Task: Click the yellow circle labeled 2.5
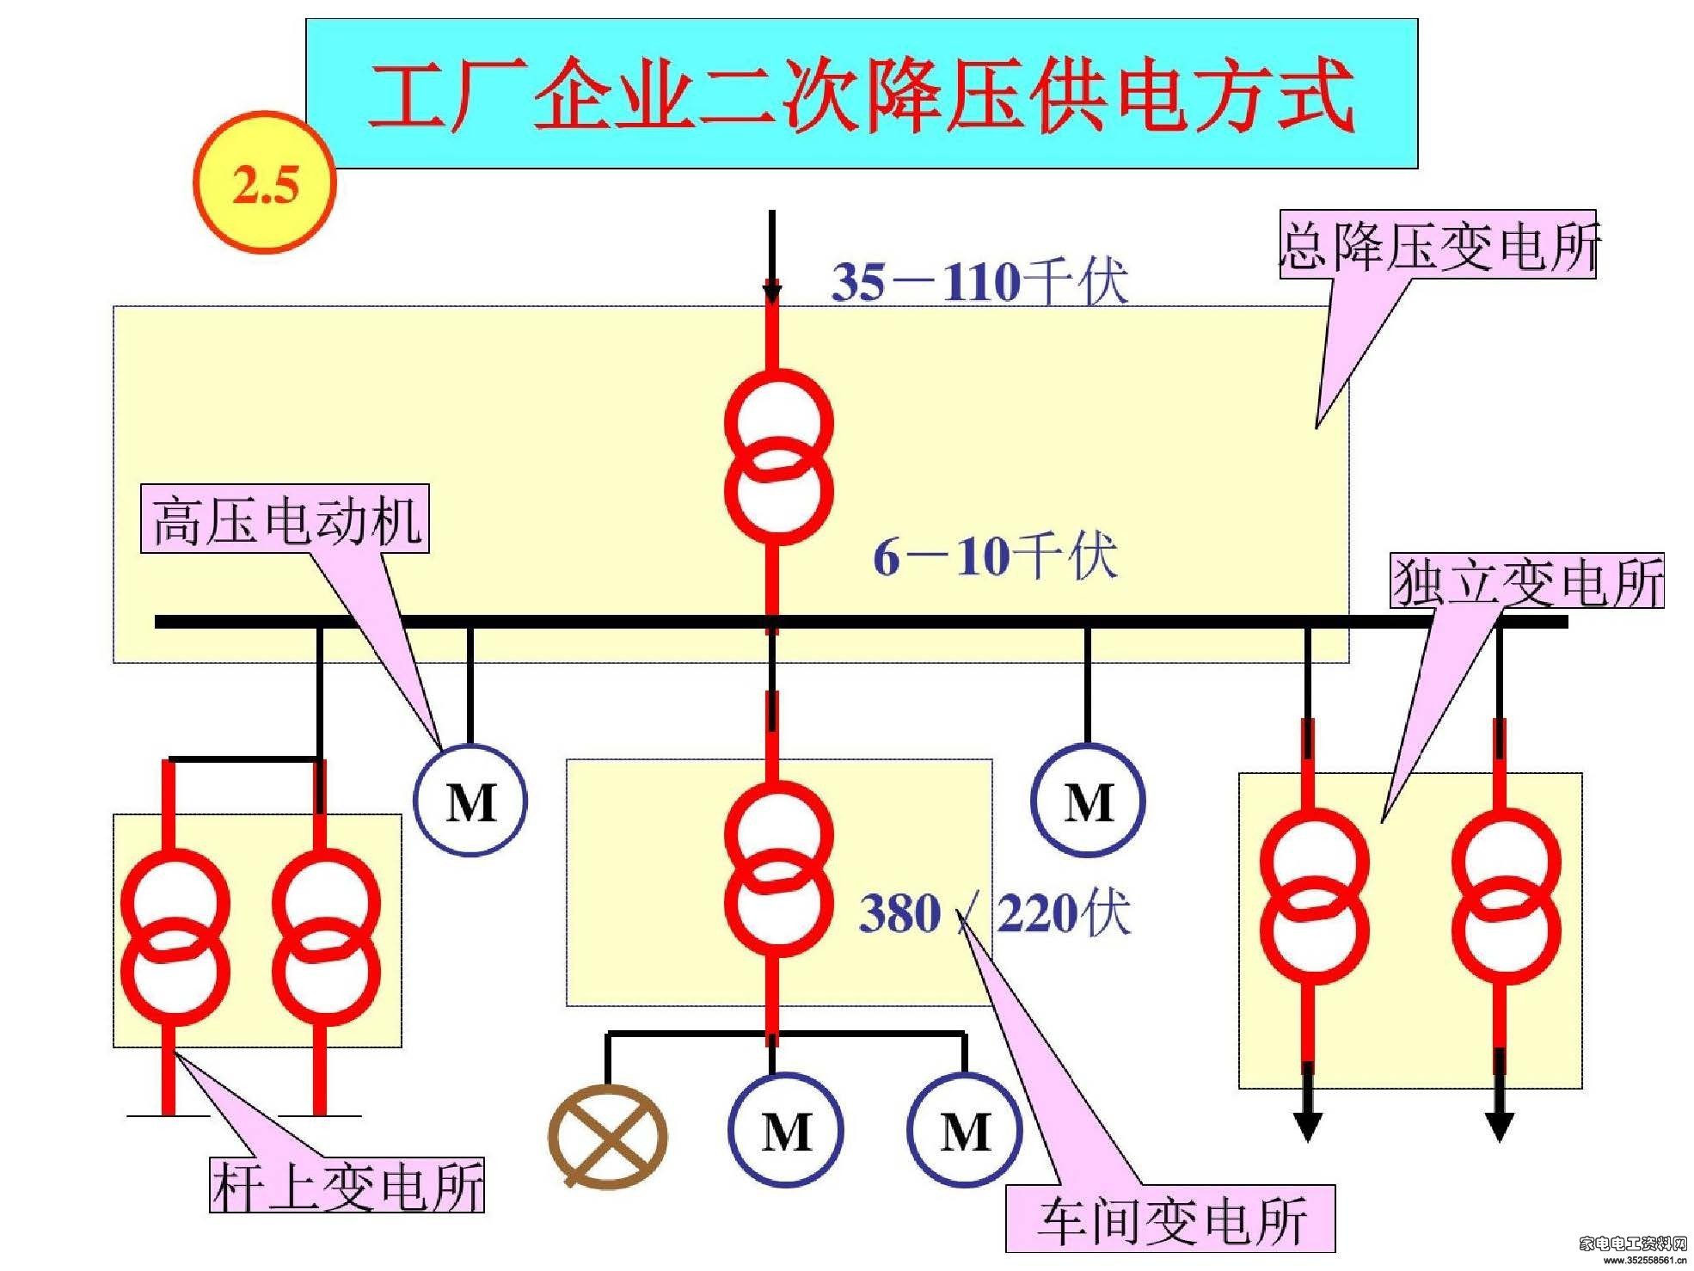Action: pyautogui.click(x=265, y=182)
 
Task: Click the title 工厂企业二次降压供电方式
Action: pyautogui.click(x=862, y=95)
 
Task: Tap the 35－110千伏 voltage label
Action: pyautogui.click(x=979, y=280)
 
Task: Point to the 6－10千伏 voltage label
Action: pyautogui.click(x=995, y=556)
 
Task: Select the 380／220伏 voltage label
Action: pyautogui.click(x=994, y=912)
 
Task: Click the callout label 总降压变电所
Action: pyautogui.click(x=1438, y=244)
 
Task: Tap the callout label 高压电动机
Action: pyautogui.click(x=285, y=519)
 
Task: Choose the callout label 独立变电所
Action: pyautogui.click(x=1527, y=581)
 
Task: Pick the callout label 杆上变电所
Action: pyautogui.click(x=347, y=1185)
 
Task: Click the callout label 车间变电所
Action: pyautogui.click(x=1170, y=1219)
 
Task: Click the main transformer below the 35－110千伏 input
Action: pyautogui.click(x=779, y=457)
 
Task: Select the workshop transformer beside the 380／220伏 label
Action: pyautogui.click(x=779, y=869)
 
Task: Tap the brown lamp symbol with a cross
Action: pyautogui.click(x=608, y=1136)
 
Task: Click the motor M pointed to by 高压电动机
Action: pyautogui.click(x=470, y=801)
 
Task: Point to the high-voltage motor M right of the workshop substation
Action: pyautogui.click(x=1088, y=801)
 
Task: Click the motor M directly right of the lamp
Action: pyautogui.click(x=786, y=1130)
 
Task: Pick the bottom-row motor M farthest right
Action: pyautogui.click(x=965, y=1130)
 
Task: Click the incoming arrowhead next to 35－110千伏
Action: pyautogui.click(x=772, y=291)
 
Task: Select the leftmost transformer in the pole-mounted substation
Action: pyautogui.click(x=175, y=936)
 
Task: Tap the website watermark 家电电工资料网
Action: pyautogui.click(x=1633, y=1243)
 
